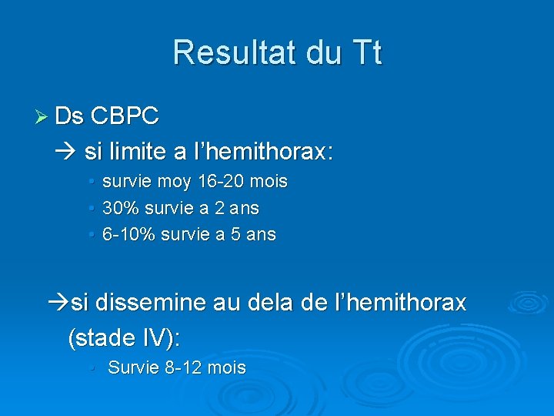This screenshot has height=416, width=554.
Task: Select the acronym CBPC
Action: tap(125, 117)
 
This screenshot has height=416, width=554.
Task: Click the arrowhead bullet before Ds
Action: tap(42, 117)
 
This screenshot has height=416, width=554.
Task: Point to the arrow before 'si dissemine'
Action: tap(58, 303)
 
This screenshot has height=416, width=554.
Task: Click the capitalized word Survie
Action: tap(134, 368)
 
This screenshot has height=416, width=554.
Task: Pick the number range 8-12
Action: tap(185, 368)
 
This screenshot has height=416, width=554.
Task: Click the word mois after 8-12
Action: tap(227, 368)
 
